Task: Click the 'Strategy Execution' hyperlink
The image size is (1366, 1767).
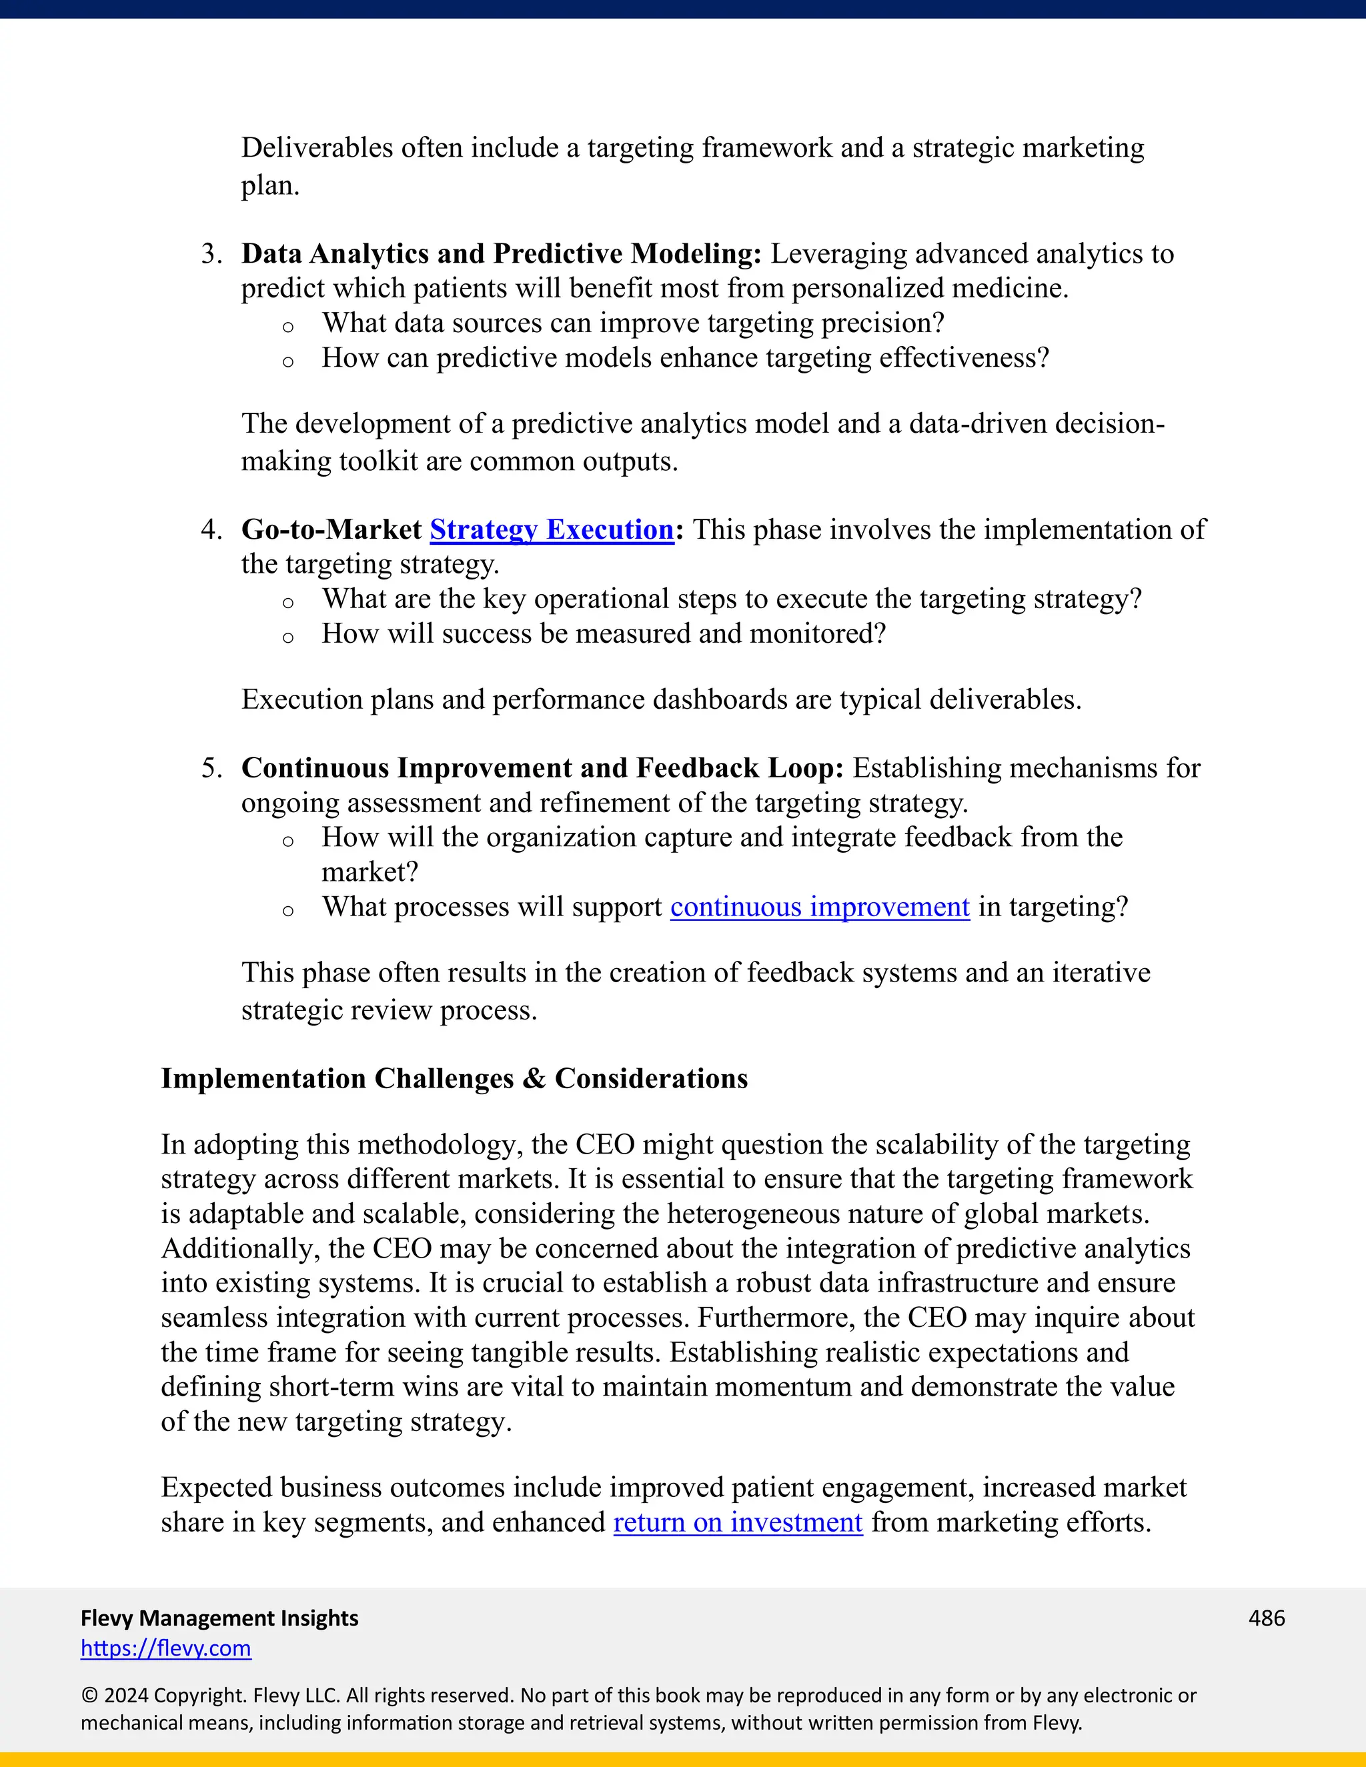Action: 551,529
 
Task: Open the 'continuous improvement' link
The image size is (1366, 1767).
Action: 819,907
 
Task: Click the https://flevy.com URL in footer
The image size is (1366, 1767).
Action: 166,1648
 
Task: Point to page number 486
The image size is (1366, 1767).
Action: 1267,1618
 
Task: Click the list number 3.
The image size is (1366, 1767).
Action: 211,254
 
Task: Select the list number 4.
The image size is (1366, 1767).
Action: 211,530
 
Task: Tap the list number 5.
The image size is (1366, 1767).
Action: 211,767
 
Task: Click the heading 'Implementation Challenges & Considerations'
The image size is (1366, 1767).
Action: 454,1078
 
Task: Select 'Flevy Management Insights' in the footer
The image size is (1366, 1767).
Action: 219,1618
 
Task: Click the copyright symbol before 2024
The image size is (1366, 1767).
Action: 88,1695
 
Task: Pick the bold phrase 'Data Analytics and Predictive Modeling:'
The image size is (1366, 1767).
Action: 501,254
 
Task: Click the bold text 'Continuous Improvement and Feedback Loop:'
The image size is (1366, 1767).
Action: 542,767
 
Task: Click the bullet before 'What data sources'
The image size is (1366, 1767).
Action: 287,327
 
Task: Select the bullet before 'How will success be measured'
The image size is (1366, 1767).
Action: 287,637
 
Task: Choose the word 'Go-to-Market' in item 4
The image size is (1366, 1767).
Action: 331,530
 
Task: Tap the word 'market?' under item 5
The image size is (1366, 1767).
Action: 370,872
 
